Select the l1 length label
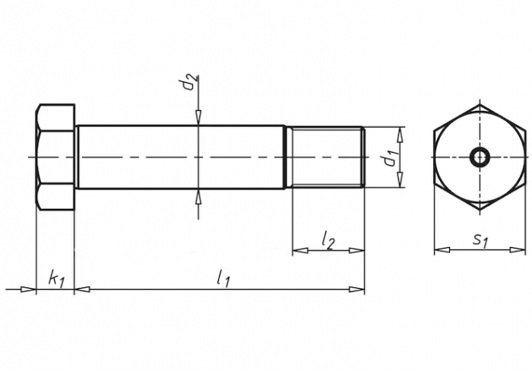tap(223, 279)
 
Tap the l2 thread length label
tap(328, 240)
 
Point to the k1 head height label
tap(56, 279)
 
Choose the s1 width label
tap(480, 240)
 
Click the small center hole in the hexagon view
tap(480, 157)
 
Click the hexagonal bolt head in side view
tap(55, 157)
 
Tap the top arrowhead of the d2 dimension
tap(198, 117)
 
